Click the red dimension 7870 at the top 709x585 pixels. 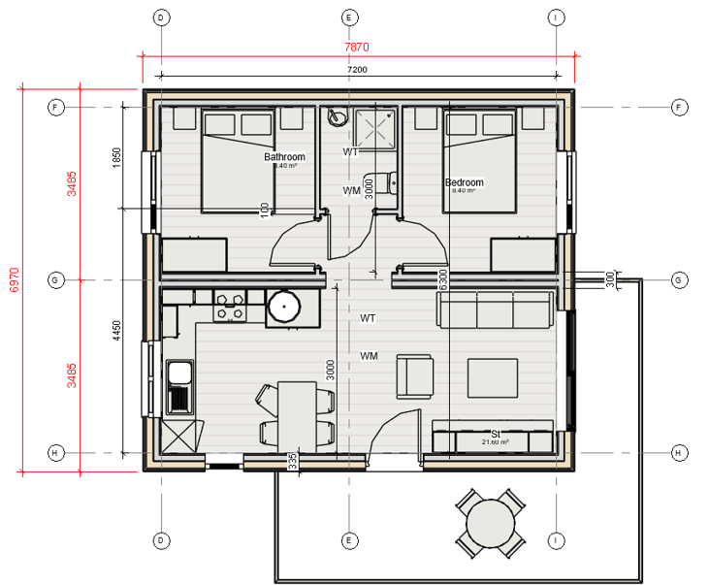[x=358, y=47]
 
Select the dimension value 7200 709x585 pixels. [x=357, y=70]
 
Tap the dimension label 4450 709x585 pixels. [x=116, y=332]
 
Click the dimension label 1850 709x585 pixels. [x=116, y=158]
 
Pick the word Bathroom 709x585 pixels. [x=284, y=157]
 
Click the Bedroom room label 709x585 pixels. [x=464, y=182]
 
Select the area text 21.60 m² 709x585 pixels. [x=495, y=442]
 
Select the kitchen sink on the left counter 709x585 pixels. [x=179, y=386]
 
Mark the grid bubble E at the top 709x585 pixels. [x=348, y=17]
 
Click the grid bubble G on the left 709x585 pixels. [x=55, y=280]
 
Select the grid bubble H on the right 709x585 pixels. [x=679, y=453]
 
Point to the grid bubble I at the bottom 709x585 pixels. [x=556, y=539]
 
